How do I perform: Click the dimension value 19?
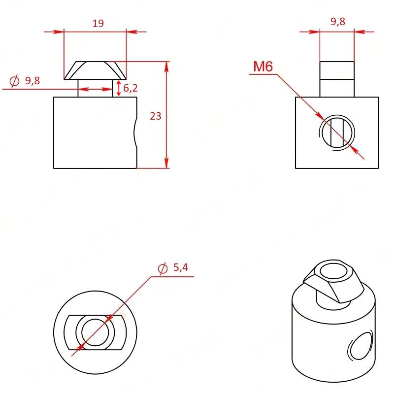[98, 23]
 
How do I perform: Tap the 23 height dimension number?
[155, 116]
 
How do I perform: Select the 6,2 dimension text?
[131, 88]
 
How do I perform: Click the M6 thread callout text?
[263, 66]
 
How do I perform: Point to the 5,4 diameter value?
[181, 267]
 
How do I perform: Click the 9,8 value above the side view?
[338, 22]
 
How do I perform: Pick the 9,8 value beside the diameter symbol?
[33, 81]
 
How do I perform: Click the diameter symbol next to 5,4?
[163, 268]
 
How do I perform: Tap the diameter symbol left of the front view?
[14, 81]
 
